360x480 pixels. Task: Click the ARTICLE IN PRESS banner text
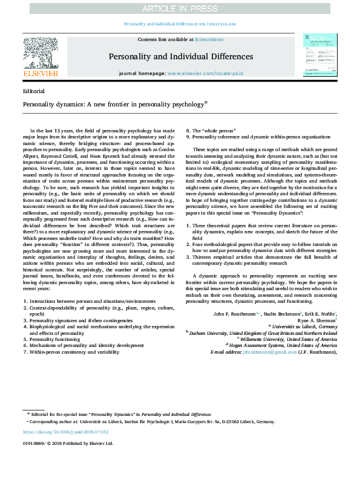click(x=180, y=8)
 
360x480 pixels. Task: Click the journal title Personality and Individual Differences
click(x=180, y=57)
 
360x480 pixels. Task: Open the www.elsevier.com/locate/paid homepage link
click(x=201, y=73)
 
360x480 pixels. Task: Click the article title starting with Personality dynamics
click(x=114, y=104)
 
